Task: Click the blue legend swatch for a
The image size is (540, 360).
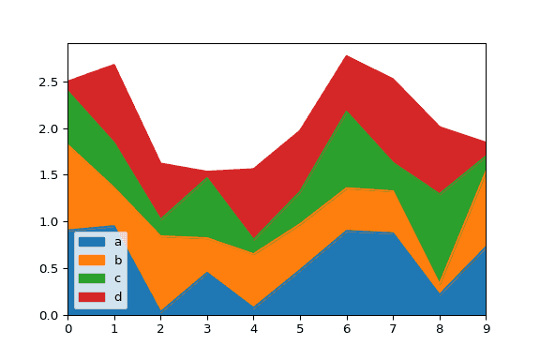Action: coord(92,242)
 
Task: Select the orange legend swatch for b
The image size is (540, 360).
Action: coord(92,261)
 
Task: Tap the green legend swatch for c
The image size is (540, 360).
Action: coord(92,278)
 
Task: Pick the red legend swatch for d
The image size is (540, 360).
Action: coord(92,297)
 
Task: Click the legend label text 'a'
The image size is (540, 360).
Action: coord(117,242)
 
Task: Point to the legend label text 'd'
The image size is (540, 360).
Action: coord(117,297)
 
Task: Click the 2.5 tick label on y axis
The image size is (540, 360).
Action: coord(50,82)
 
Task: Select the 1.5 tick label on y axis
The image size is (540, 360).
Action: coord(50,175)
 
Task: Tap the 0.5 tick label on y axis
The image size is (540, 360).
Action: coord(50,269)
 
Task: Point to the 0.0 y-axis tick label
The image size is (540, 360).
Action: coord(50,316)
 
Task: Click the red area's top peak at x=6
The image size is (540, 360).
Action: coord(347,55)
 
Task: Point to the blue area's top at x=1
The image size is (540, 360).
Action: coord(114,226)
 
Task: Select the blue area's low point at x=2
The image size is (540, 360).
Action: coord(160,310)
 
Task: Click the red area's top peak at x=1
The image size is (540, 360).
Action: coord(114,64)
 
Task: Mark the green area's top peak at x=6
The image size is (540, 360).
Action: coord(347,111)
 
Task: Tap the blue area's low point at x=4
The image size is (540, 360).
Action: coord(253,307)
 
